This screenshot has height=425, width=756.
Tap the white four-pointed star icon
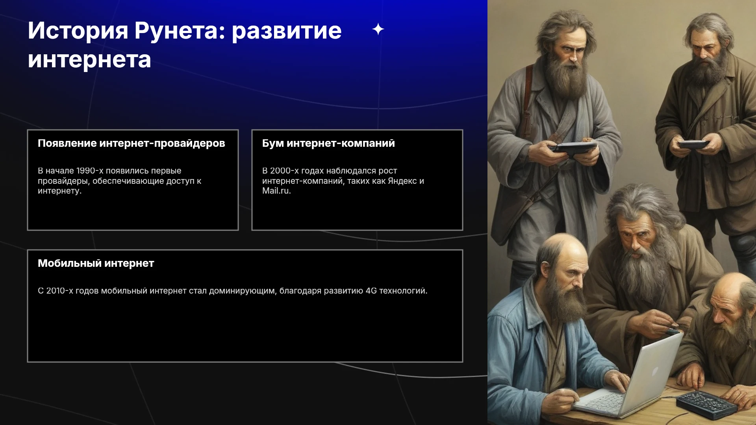(378, 29)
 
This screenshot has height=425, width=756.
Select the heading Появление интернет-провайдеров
(132, 143)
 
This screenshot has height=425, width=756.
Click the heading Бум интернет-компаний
(328, 143)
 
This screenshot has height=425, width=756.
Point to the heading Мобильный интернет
(96, 263)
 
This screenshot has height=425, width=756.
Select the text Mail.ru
(276, 191)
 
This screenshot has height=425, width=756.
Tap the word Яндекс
(402, 181)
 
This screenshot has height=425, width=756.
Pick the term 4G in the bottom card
(371, 291)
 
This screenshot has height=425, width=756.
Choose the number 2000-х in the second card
(284, 171)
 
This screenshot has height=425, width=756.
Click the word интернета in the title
(89, 60)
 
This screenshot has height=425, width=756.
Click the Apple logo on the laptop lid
(655, 371)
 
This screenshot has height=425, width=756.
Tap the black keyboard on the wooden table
(706, 405)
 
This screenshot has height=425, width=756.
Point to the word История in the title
(78, 31)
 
